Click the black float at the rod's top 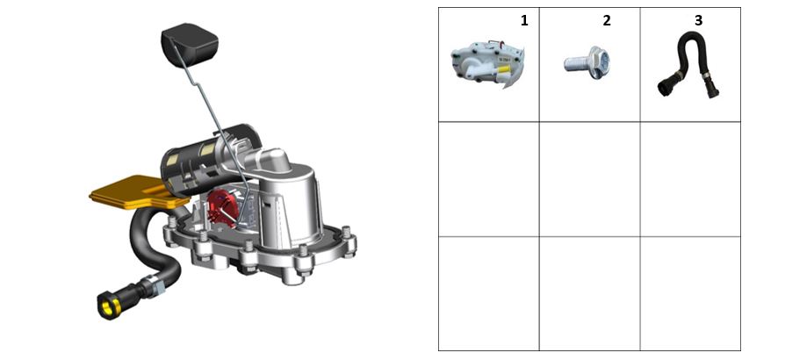pos(190,44)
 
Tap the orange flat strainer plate pos(133,193)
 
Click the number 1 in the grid pos(524,20)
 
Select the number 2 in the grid pos(607,20)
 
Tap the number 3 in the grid pos(698,20)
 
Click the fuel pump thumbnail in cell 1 pos(487,65)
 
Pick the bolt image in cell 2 pos(587,62)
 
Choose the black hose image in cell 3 pos(688,64)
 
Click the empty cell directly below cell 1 pos(488,179)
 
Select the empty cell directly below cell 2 pos(589,179)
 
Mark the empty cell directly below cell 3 pos(690,179)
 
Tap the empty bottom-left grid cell pos(488,293)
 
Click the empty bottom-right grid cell pos(690,293)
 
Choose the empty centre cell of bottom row pos(589,293)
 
